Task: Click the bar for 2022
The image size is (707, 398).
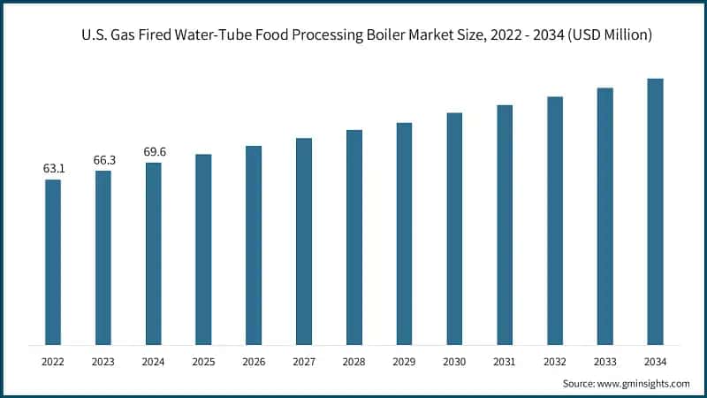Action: pos(53,262)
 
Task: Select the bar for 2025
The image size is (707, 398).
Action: pos(203,249)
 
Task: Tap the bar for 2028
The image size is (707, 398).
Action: pos(353,237)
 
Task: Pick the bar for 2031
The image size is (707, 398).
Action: pos(505,225)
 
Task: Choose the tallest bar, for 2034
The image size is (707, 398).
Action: pos(655,211)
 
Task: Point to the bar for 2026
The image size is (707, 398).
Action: pos(254,245)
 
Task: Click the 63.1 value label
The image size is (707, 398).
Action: pos(53,168)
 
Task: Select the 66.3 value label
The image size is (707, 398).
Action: pos(103,159)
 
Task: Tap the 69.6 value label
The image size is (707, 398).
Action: pos(154,151)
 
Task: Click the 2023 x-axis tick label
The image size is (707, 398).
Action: pos(103,361)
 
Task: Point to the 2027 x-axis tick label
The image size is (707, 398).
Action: pos(304,361)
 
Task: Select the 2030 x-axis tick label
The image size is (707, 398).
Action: pos(454,361)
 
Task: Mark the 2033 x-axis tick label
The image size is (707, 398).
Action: pos(604,361)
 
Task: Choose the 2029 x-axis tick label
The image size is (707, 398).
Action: pos(404,361)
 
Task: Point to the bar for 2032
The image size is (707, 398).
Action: pos(555,220)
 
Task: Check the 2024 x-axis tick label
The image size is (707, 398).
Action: pos(154,361)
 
